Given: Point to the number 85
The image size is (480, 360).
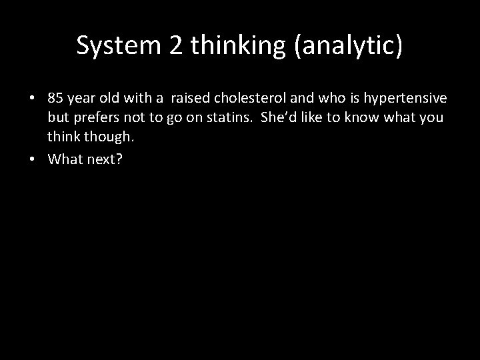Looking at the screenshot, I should pyautogui.click(x=55, y=99).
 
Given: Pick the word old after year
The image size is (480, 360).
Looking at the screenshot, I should pyautogui.click(x=111, y=99).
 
